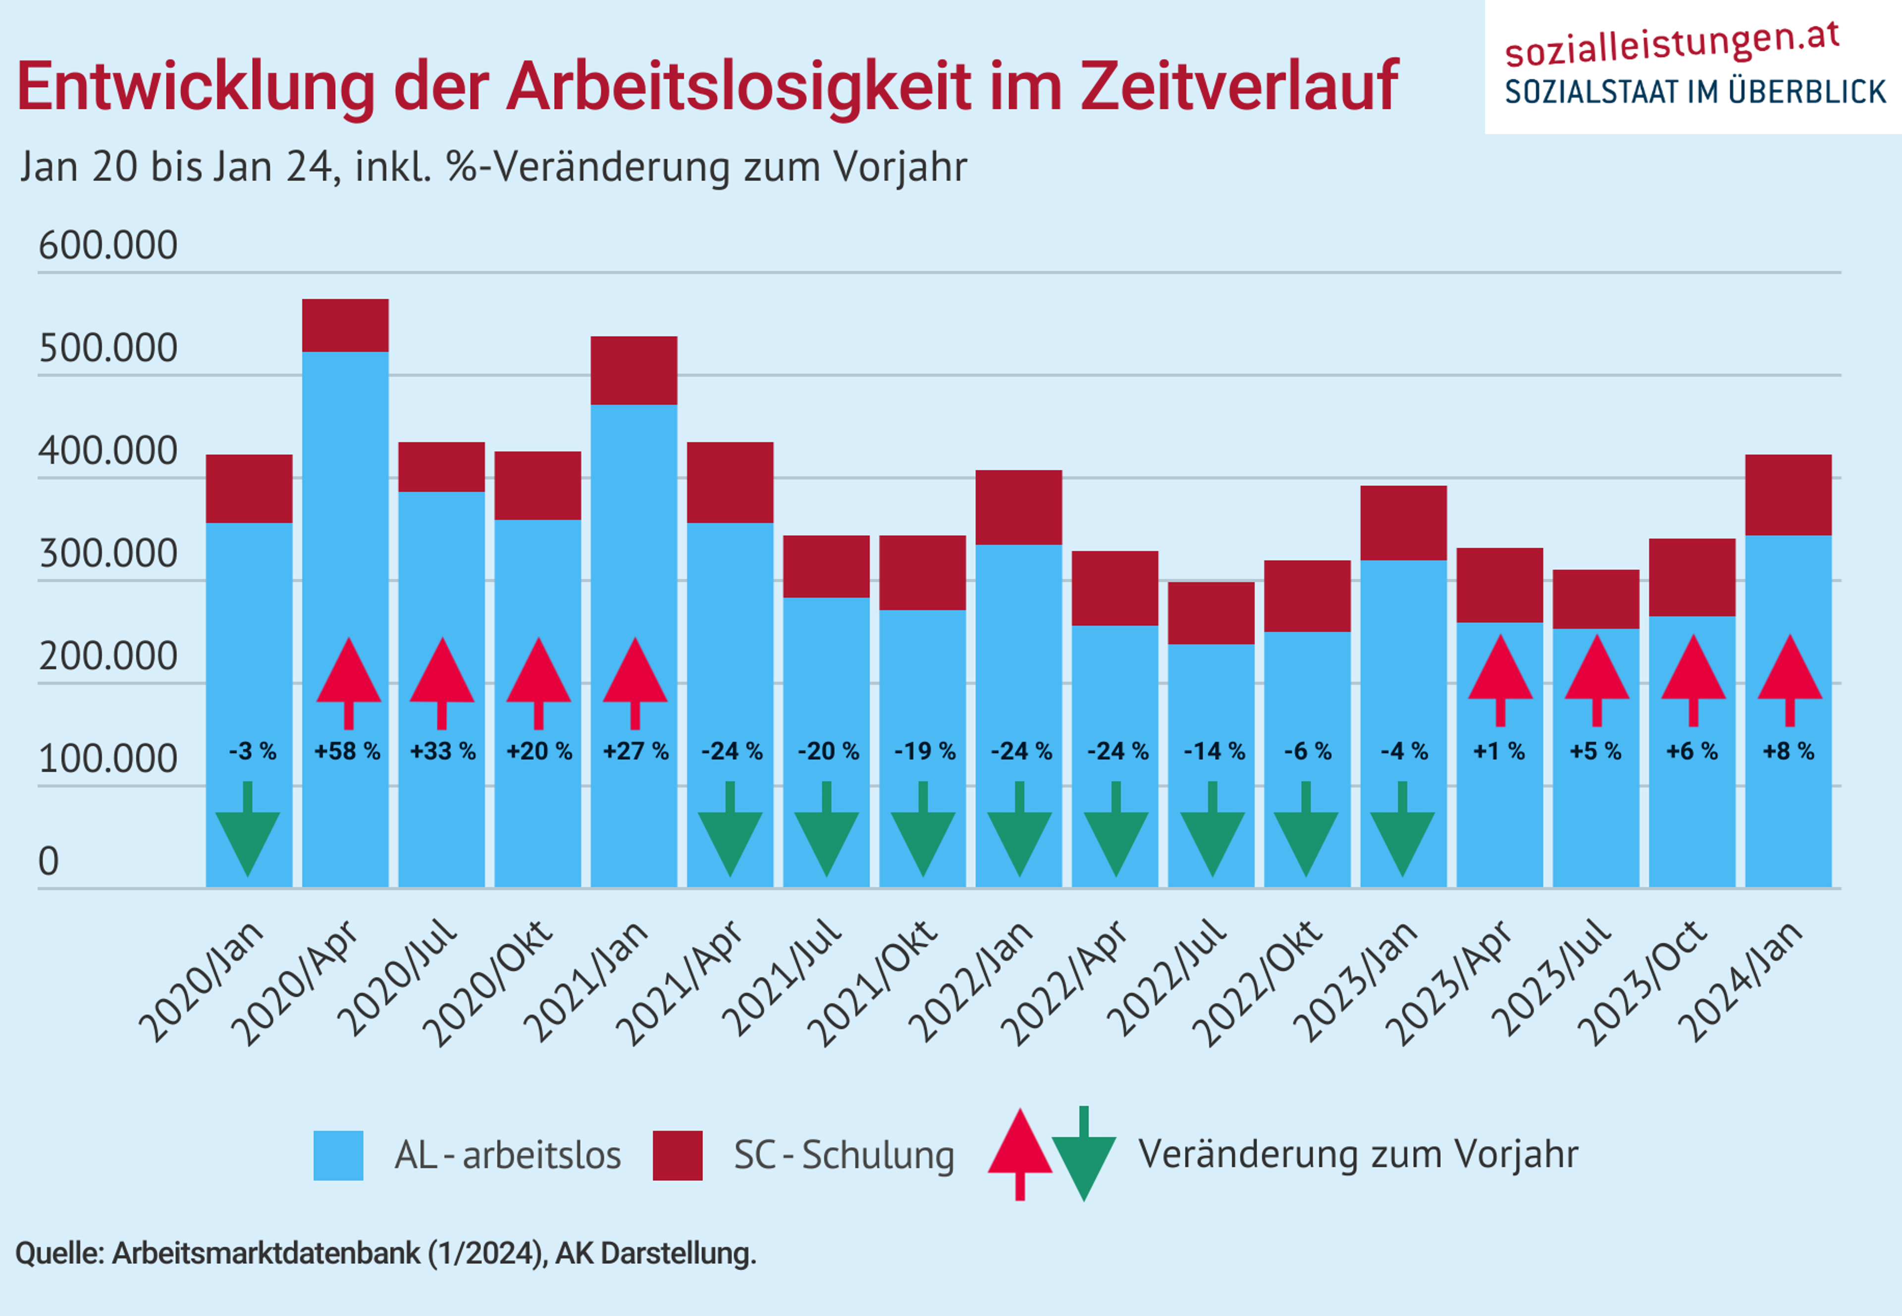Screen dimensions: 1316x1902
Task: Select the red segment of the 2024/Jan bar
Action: (1788, 495)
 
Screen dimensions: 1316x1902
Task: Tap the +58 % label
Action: (347, 751)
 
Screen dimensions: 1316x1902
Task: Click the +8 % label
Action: (1788, 751)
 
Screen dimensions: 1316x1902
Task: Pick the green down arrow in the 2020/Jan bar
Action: (248, 833)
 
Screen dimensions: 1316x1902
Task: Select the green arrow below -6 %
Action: (1306, 833)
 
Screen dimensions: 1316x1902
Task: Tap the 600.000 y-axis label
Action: (108, 246)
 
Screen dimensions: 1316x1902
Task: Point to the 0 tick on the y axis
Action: (49, 861)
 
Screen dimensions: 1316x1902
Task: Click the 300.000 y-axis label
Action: (108, 554)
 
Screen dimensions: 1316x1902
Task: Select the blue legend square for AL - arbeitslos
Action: (338, 1155)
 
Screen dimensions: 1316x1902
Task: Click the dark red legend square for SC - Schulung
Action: (677, 1155)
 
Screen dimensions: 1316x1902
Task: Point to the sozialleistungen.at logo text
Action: (1672, 46)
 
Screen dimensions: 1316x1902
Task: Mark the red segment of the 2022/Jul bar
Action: (1211, 612)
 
